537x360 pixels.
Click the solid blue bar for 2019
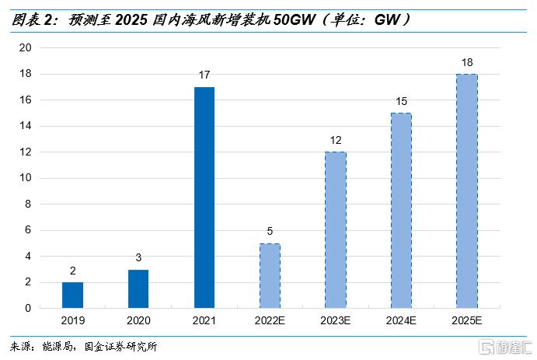coord(72,295)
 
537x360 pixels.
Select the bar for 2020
coord(138,288)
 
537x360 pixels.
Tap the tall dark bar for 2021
coord(204,197)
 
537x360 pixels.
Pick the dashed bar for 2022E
coord(269,276)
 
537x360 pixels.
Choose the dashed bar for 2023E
coord(335,230)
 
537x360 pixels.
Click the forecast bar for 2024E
coord(400,211)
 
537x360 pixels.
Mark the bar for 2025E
coord(466,191)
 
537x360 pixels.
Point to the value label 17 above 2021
coord(204,75)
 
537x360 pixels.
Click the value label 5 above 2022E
coord(269,232)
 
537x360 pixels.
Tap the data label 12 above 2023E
coord(335,140)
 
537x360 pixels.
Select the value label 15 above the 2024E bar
coord(400,101)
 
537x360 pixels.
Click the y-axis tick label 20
coord(25,48)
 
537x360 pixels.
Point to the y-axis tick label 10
coord(25,178)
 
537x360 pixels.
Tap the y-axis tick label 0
coord(28,309)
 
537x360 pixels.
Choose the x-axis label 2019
coord(72,320)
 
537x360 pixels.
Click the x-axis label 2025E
coord(466,320)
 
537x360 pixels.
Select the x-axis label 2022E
coord(269,320)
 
